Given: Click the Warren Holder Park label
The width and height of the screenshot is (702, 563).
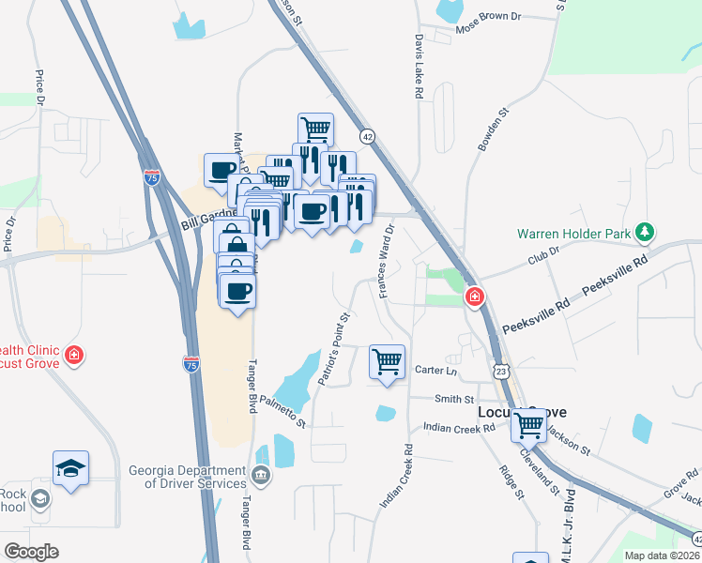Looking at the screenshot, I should pos(573,233).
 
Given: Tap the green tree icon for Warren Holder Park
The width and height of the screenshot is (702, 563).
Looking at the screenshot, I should pos(644,231).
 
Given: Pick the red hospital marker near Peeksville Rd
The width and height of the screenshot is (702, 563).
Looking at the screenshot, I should pos(475,298).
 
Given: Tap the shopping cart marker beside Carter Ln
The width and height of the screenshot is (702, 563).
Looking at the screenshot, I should pos(387,361).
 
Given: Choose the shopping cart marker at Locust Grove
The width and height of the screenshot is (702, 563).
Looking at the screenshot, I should pos(528,425).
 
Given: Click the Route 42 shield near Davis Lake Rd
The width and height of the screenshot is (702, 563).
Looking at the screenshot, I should pos(367,136).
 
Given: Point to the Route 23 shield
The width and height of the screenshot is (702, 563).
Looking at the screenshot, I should pos(503,373).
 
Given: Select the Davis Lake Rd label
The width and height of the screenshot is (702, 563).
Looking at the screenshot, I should pos(419,68).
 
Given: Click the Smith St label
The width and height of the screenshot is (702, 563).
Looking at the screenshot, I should pos(454,398).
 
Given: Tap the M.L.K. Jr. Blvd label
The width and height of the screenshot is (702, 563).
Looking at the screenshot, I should pos(572,525).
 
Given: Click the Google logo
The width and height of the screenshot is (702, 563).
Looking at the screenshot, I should pos(31,551).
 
